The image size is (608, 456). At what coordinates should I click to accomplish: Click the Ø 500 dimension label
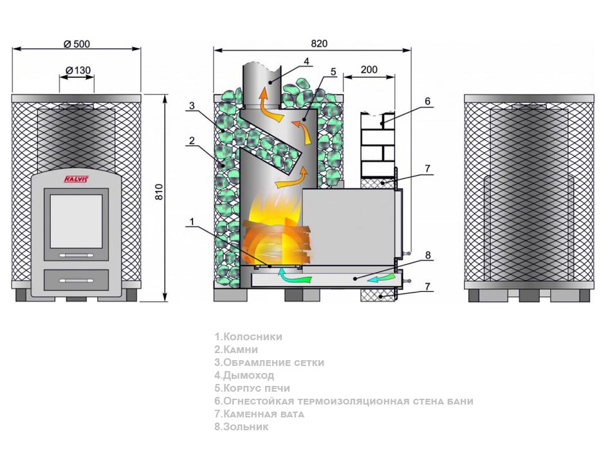coord(77,44)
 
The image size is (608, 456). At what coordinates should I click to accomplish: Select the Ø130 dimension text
coord(77,70)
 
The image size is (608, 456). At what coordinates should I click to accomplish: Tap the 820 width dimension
coord(319,44)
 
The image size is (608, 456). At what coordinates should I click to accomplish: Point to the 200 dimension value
coord(369,69)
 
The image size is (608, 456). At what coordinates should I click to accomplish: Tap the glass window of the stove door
coord(76,221)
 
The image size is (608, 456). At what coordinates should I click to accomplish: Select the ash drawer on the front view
coord(76,280)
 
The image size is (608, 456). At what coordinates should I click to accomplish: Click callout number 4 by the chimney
coord(307,61)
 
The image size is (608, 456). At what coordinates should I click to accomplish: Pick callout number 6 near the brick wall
coord(427,101)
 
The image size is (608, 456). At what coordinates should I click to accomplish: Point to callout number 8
coord(427,255)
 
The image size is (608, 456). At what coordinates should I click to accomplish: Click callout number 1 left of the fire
coord(190,222)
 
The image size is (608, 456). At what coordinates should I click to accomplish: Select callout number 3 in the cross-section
coord(192,105)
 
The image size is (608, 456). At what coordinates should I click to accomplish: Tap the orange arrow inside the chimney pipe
coord(263,98)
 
